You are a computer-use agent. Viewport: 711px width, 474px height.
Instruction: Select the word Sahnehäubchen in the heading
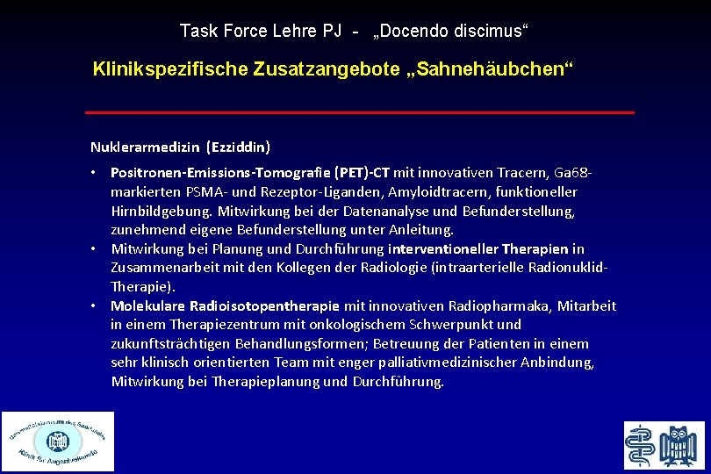(x=501, y=68)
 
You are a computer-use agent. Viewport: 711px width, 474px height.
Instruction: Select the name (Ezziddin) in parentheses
(x=238, y=146)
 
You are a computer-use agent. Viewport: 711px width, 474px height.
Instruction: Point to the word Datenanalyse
(x=393, y=211)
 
